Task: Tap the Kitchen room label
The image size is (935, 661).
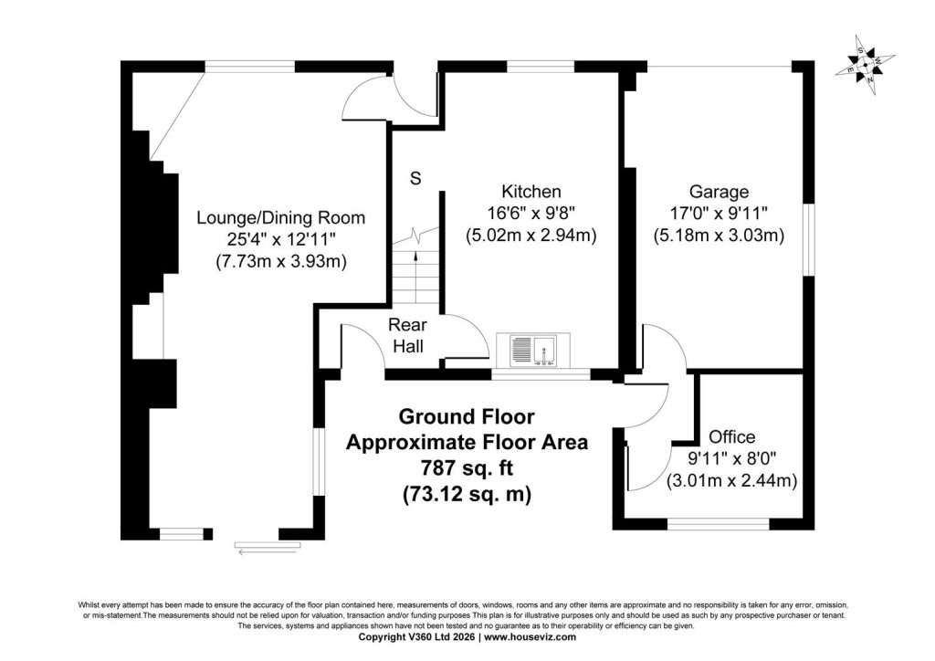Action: (x=531, y=192)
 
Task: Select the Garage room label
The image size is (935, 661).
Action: (x=719, y=192)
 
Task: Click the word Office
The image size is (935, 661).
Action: (x=731, y=437)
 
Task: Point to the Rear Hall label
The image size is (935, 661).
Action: (x=408, y=336)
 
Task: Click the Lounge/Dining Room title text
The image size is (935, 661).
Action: (x=281, y=217)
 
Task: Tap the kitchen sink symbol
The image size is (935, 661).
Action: (x=533, y=351)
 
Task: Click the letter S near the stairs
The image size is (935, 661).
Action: (x=415, y=178)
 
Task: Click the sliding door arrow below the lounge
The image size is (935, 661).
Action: (x=268, y=552)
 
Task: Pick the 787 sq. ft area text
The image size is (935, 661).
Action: (x=467, y=467)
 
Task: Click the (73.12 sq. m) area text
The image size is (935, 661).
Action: (x=467, y=494)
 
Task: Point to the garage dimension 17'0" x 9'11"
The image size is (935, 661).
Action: (x=719, y=213)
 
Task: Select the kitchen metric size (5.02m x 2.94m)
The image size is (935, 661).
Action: (x=531, y=235)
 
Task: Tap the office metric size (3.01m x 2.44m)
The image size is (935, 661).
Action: (x=731, y=480)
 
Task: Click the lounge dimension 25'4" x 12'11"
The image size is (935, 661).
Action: (x=281, y=239)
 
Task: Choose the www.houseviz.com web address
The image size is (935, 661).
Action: (x=531, y=637)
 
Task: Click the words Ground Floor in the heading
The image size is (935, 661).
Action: (x=467, y=416)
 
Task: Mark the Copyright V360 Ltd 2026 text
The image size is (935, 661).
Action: (x=416, y=637)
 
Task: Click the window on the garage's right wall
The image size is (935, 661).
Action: (x=809, y=240)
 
